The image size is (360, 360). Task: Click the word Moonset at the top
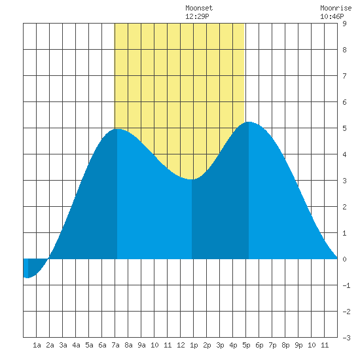pos(199,8)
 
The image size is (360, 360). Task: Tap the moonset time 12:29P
pos(197,16)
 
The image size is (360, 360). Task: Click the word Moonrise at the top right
pos(336,8)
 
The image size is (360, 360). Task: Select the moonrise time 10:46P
pos(332,16)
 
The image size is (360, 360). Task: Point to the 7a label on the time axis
pos(115,345)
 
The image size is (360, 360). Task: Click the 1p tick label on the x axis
pos(194,345)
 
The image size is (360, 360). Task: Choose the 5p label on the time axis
pos(246,345)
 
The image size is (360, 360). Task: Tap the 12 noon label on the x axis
pos(181,345)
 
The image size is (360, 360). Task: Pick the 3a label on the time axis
pos(63,345)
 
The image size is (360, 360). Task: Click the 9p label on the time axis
pos(298,345)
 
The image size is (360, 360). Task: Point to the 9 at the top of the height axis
pos(344,24)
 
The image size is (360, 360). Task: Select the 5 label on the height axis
pos(344,128)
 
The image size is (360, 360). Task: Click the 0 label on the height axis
pos(344,259)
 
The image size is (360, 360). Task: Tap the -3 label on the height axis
pos(346,338)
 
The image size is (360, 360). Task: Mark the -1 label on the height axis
pos(346,285)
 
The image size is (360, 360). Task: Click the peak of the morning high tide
pos(117,129)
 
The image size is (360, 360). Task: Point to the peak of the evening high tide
pos(249,122)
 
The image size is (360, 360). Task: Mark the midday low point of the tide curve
pos(192,179)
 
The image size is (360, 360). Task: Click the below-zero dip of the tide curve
pos(27,278)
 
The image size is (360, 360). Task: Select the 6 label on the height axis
pos(344,102)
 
